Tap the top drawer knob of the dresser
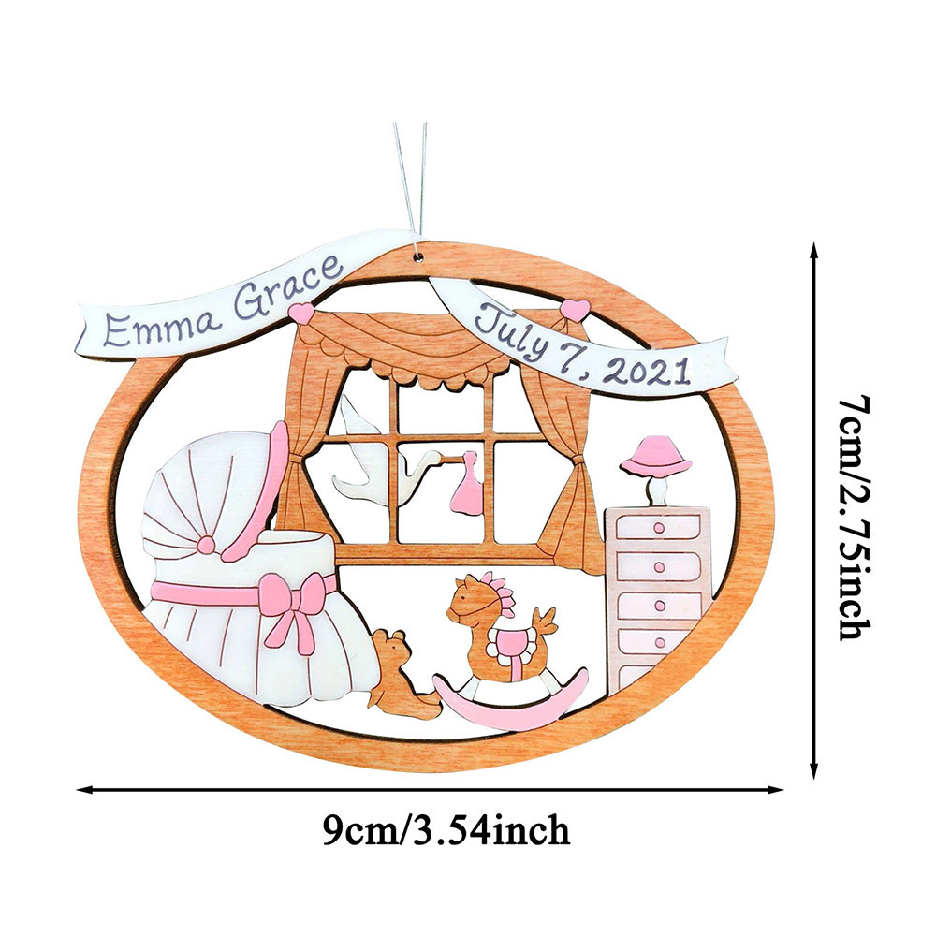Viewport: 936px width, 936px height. point(659,528)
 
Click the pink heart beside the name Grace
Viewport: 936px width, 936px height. point(303,314)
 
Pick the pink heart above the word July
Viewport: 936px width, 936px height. point(576,310)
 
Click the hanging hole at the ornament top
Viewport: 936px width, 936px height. point(419,256)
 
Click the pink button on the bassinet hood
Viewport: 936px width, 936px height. point(206,544)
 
